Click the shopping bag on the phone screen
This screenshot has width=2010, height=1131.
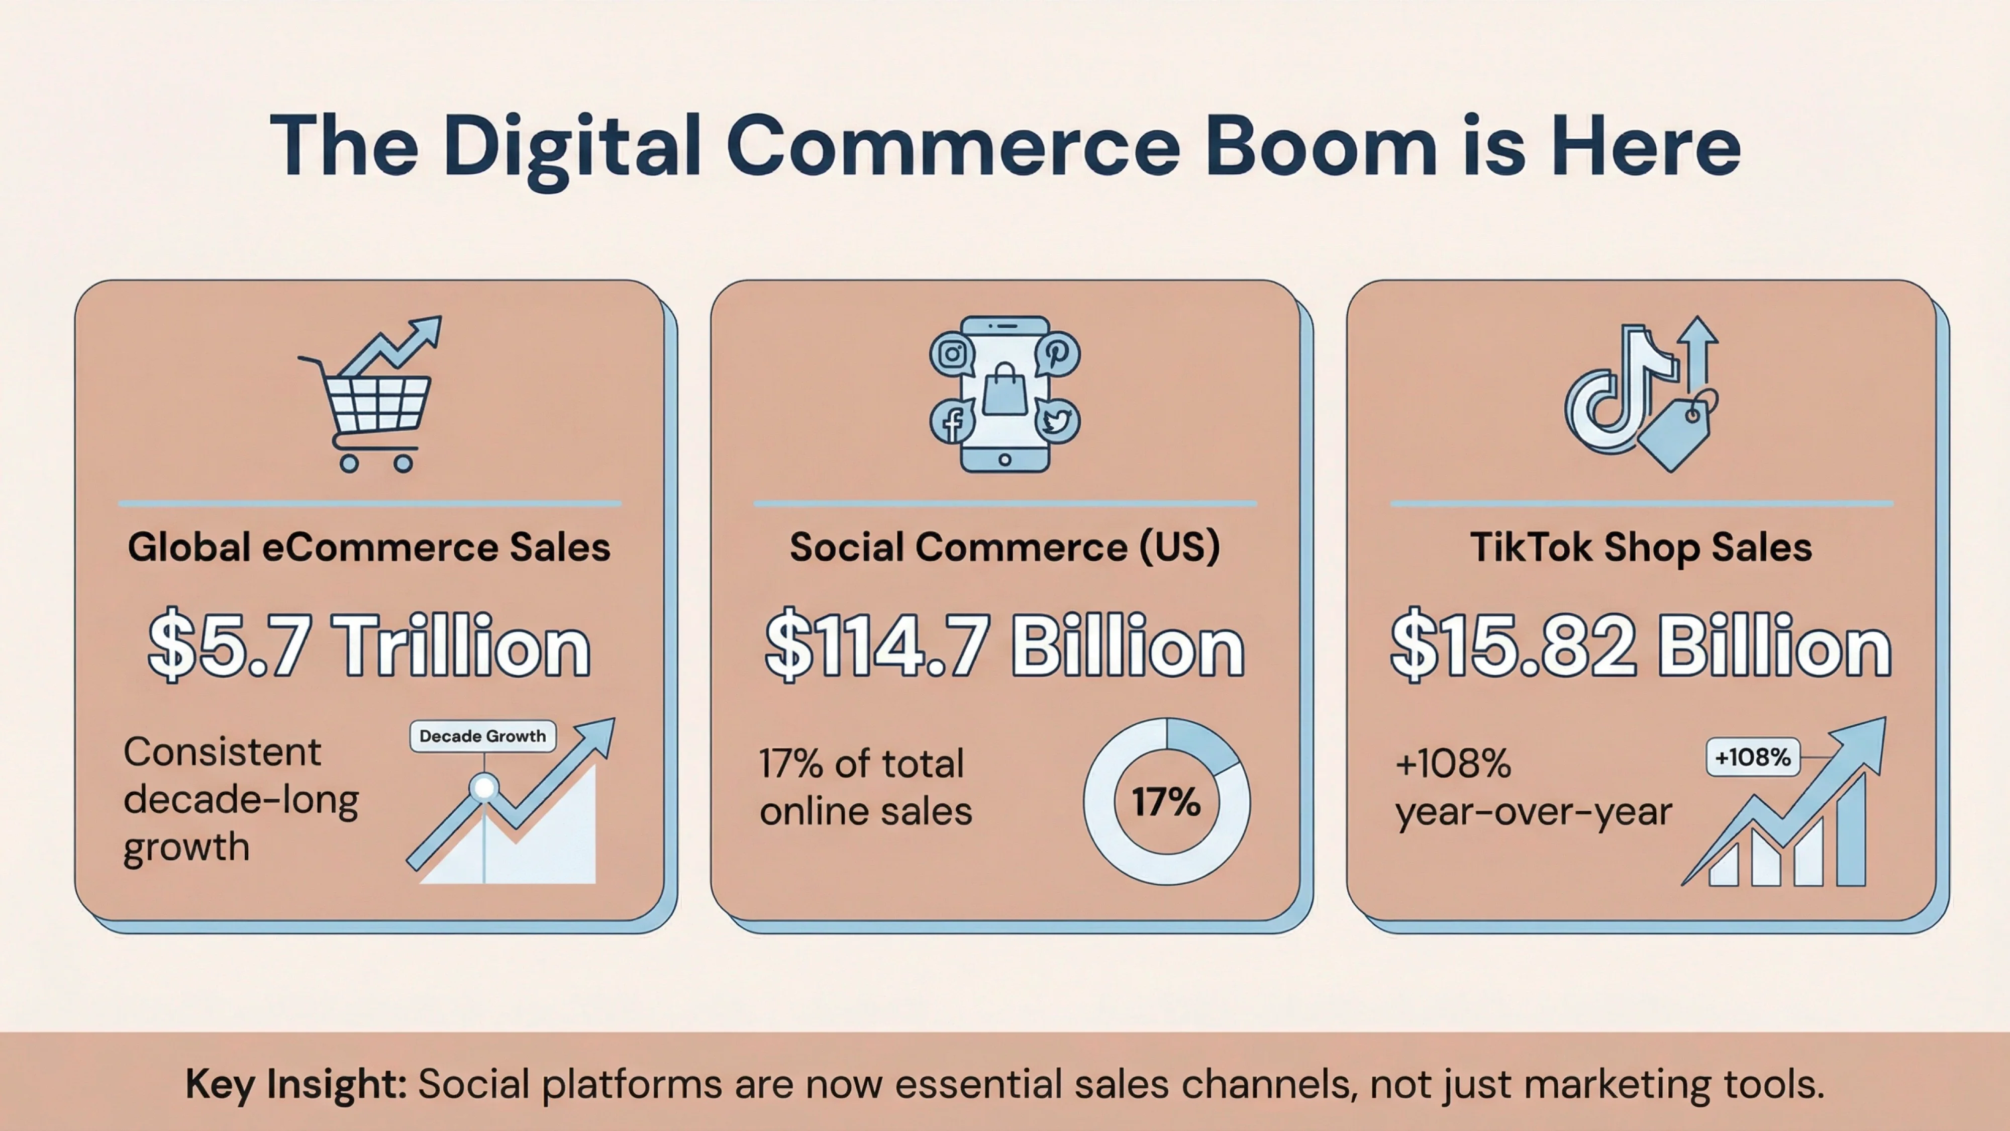(x=1005, y=390)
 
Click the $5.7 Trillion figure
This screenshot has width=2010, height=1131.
(x=369, y=647)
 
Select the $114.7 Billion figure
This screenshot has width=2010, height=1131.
(x=1005, y=647)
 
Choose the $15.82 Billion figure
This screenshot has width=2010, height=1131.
(x=1641, y=647)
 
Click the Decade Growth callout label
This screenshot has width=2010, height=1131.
(x=483, y=736)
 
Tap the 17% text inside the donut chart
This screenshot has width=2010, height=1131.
(x=1166, y=802)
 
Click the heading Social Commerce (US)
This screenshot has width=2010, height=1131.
(x=1005, y=547)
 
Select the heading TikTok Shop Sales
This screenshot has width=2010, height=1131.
(x=1641, y=547)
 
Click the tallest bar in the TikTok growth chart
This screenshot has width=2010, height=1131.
(x=1851, y=831)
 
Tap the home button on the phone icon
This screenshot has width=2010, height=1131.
(x=1005, y=460)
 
